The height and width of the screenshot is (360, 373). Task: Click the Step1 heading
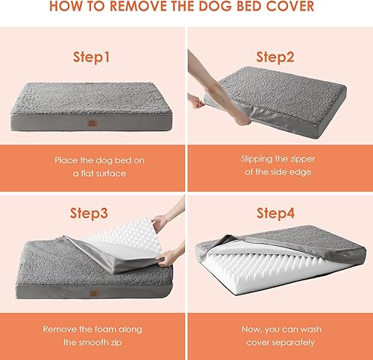[x=93, y=56]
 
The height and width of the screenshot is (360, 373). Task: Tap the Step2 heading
[x=276, y=57]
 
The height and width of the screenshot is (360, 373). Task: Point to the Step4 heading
[x=276, y=212]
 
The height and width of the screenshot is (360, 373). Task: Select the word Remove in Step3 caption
[x=60, y=328]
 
